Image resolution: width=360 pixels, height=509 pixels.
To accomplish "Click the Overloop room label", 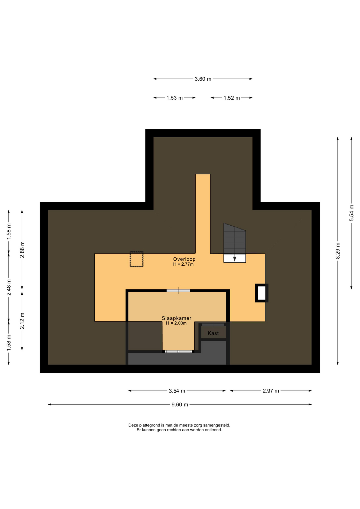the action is [184, 259].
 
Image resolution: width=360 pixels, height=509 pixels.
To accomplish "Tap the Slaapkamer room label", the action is [177, 318].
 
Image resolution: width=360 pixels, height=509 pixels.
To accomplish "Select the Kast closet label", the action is [213, 333].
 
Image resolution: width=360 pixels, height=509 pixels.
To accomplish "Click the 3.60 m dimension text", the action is [203, 79].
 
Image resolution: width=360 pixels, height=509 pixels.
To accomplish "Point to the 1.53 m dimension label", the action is [175, 98].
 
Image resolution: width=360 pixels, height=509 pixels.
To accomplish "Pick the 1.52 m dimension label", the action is [232, 98].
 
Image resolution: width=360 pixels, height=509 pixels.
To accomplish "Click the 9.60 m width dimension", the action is [180, 405].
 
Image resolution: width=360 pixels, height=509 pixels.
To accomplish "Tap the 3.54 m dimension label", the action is [177, 391].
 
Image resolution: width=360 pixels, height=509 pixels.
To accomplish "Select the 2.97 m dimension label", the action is [271, 391].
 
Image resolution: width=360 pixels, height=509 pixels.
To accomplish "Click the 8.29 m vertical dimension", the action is [338, 251].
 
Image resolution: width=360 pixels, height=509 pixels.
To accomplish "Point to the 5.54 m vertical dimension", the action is [352, 213].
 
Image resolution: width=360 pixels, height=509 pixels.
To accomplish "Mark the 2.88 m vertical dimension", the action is [22, 249].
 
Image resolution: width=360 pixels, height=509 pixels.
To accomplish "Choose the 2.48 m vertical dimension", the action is [9, 287].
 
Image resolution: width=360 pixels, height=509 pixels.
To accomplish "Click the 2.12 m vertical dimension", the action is [22, 321].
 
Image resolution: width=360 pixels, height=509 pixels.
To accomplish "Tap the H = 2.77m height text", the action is [183, 264].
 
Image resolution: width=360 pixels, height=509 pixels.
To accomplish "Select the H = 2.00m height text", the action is [176, 323].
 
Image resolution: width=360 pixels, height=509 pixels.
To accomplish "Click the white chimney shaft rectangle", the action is [261, 293].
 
